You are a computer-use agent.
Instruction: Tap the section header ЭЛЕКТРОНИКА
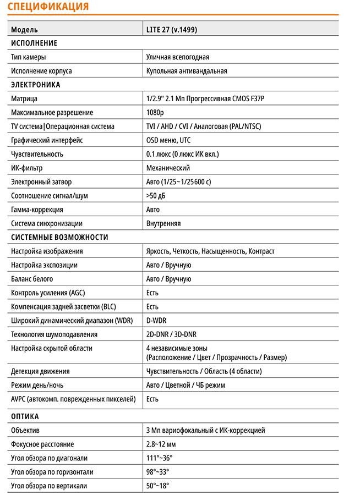[36, 85]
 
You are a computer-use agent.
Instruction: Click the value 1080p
[155, 113]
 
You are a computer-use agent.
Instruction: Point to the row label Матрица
[24, 99]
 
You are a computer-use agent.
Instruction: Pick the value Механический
[168, 168]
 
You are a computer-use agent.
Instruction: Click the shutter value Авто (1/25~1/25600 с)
[178, 182]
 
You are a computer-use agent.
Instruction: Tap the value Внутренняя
[163, 224]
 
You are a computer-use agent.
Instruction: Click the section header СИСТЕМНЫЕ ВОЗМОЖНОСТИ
[59, 238]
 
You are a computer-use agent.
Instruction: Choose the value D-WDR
[157, 321]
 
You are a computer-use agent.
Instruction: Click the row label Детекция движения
[40, 371]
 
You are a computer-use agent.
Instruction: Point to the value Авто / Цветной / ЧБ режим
[186, 385]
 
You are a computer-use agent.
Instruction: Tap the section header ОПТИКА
[25, 416]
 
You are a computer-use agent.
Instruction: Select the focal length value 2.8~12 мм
[161, 444]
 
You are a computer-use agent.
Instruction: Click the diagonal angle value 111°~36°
[159, 458]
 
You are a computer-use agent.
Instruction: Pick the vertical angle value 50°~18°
[157, 486]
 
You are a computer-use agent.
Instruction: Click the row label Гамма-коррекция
[37, 210]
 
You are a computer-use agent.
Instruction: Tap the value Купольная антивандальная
[187, 71]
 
